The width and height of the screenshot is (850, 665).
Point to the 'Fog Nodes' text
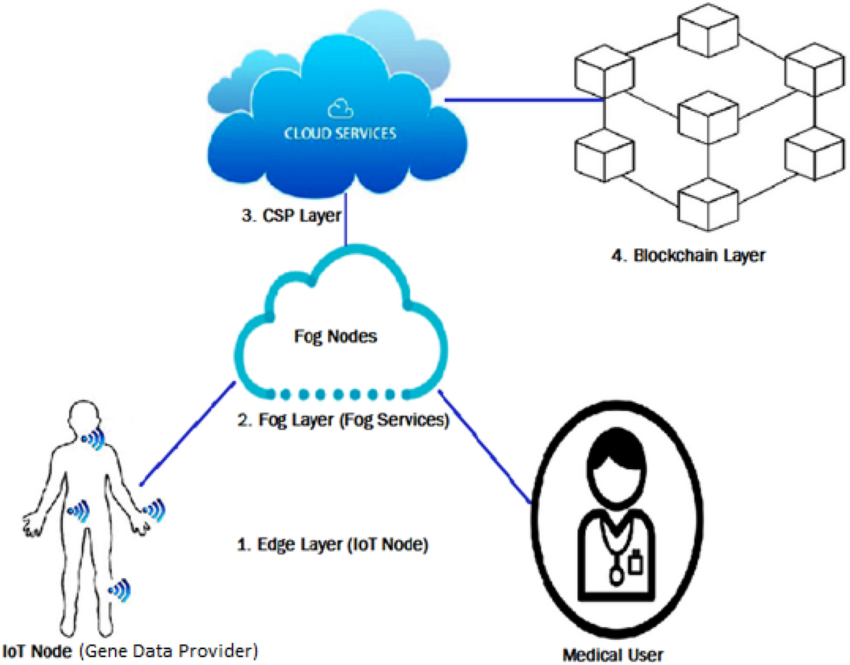click(x=337, y=336)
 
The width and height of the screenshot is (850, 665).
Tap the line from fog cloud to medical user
click(x=485, y=445)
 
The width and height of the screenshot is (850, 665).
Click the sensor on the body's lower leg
click(x=118, y=591)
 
